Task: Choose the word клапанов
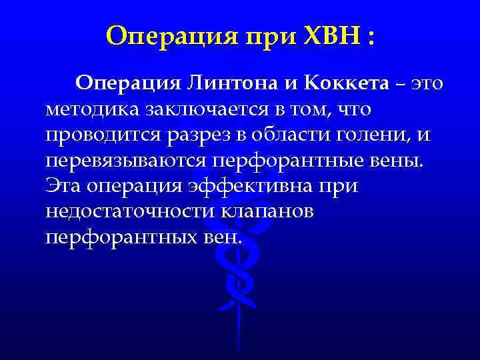(259, 211)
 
